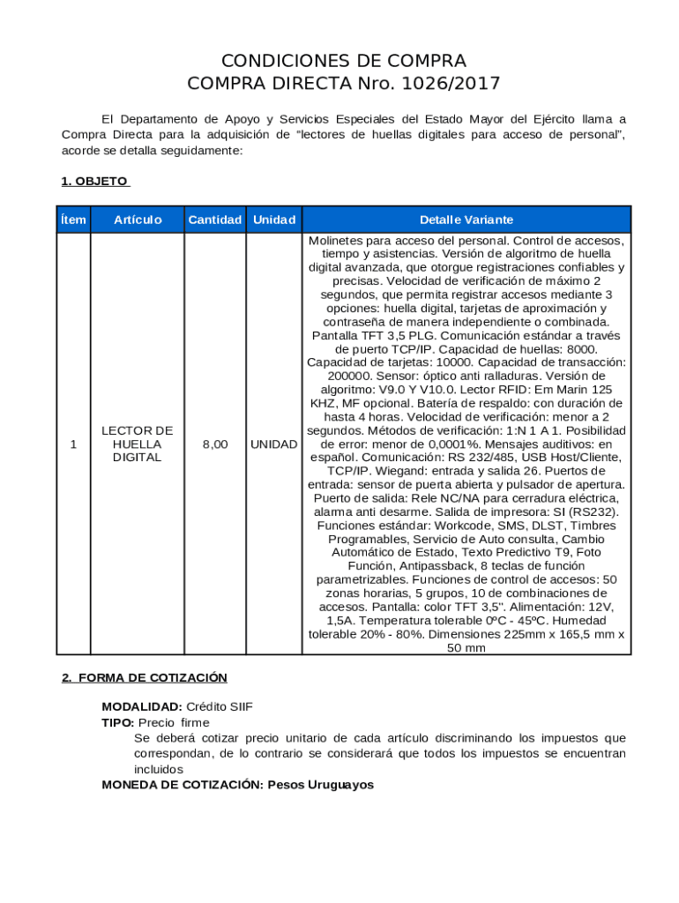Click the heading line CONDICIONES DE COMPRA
343,61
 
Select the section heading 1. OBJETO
94,181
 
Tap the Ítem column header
73,220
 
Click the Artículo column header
137,220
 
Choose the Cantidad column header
214,220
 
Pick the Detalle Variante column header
466,220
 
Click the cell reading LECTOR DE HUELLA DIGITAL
137,444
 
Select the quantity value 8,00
215,444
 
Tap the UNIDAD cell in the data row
273,444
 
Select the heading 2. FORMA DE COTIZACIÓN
145,677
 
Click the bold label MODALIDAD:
142,707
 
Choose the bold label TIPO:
117,722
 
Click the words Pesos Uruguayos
321,784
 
